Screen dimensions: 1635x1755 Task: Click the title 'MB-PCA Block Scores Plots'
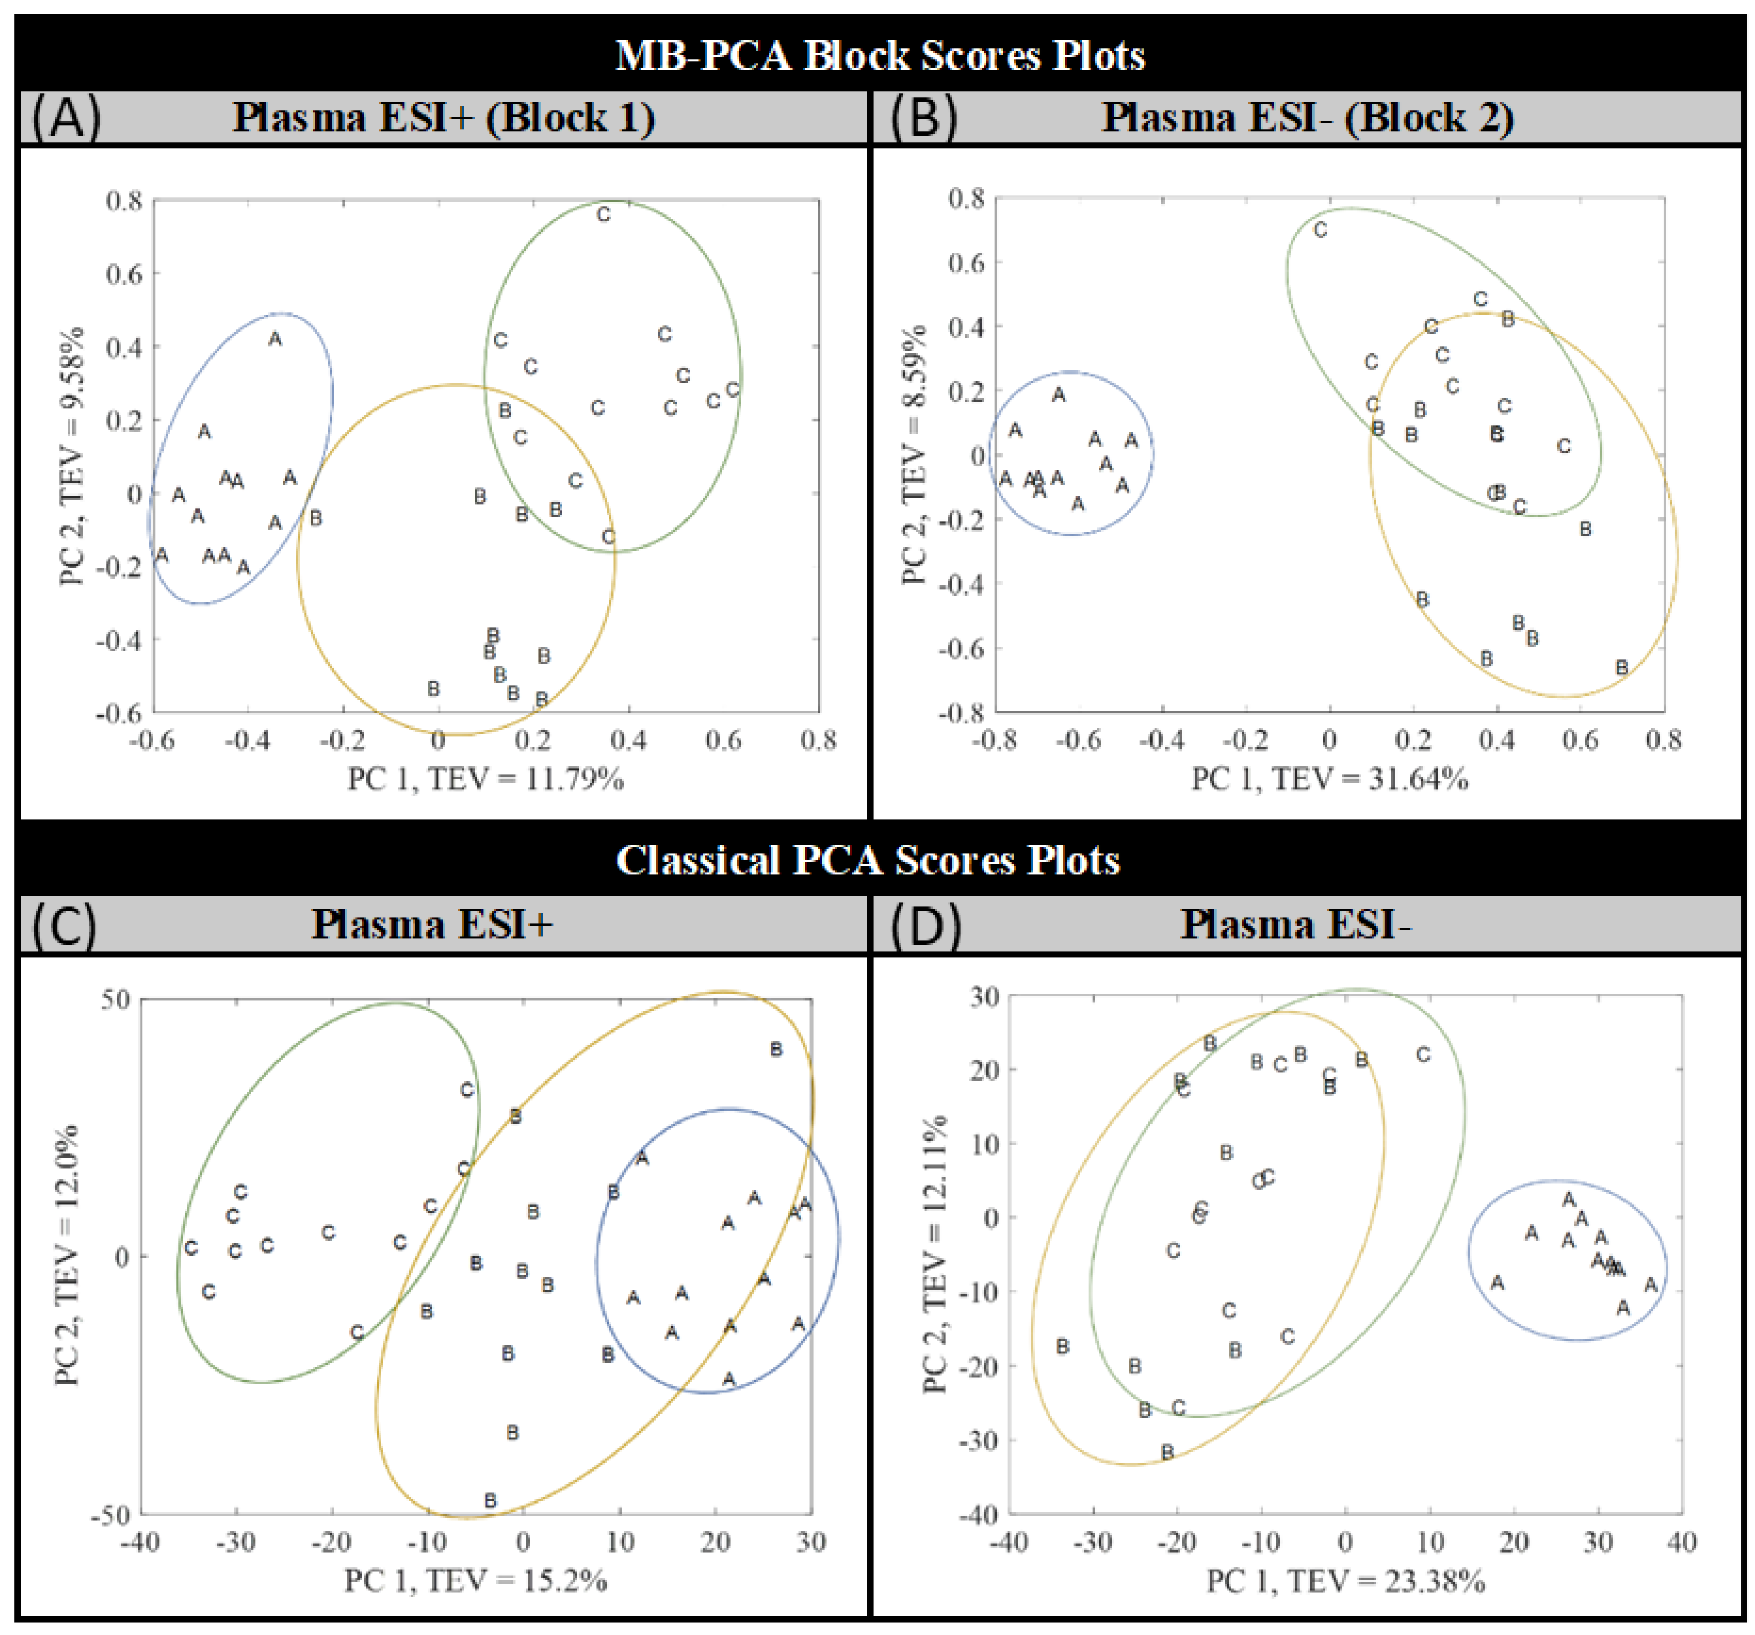[x=879, y=55]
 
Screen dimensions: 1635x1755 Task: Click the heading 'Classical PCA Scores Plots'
[x=867, y=860]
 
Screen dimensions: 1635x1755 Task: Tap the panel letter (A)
[x=66, y=117]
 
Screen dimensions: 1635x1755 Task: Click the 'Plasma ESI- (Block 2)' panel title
[x=1308, y=117]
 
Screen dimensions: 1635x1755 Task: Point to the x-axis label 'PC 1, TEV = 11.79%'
[x=486, y=779]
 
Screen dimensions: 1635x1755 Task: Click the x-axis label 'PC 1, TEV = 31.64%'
[x=1329, y=779]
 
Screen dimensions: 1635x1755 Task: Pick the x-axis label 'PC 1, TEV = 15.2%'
[x=475, y=1580]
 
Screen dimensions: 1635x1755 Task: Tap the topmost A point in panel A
[x=275, y=339]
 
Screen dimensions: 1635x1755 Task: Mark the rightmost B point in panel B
[x=1622, y=668]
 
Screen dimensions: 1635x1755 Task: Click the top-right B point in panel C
[x=776, y=1049]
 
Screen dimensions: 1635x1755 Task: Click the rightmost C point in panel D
[x=1423, y=1054]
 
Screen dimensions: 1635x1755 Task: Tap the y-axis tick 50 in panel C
[x=115, y=1000]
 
